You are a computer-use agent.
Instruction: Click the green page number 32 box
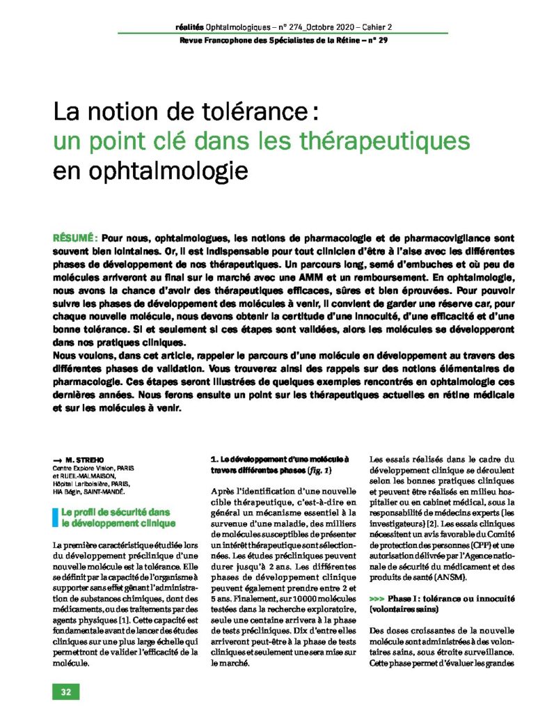coord(66,692)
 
